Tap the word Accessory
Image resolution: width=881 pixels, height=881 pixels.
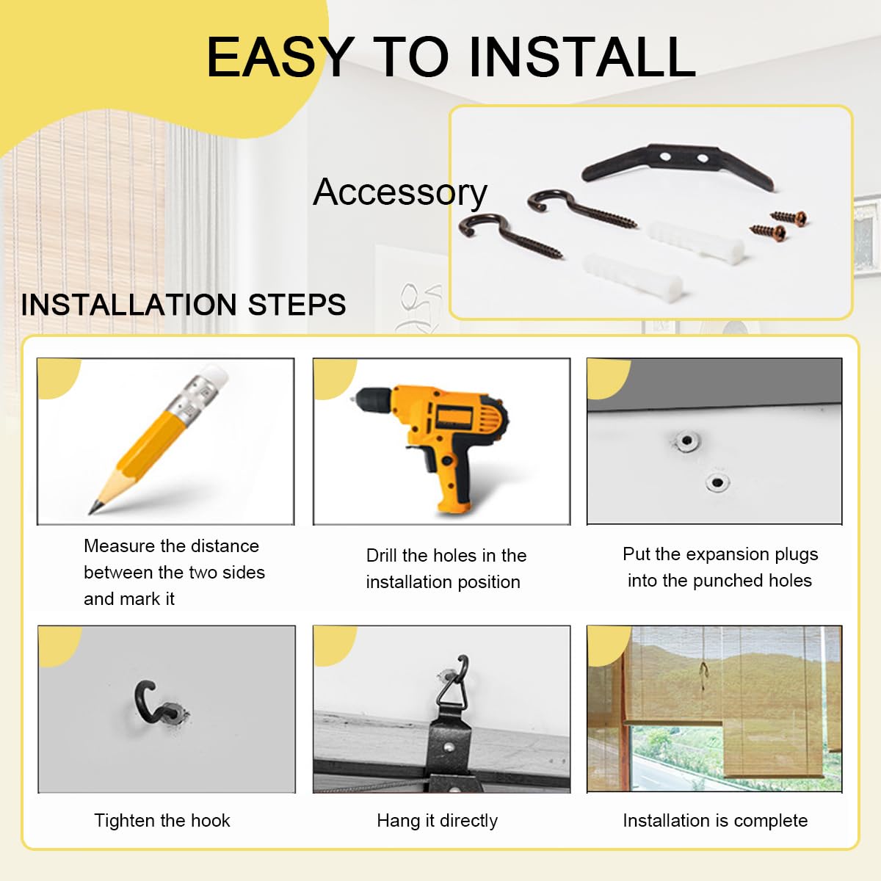(x=400, y=192)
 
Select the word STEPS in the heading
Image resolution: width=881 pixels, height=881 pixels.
(x=297, y=305)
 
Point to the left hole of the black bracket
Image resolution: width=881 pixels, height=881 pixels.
(x=665, y=157)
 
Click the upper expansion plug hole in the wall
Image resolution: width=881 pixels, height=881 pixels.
(x=686, y=440)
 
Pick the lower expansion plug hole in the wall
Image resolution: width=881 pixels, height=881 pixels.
(x=717, y=482)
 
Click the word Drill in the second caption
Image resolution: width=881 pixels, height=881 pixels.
(x=382, y=556)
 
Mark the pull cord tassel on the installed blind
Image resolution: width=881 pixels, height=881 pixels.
(x=703, y=675)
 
